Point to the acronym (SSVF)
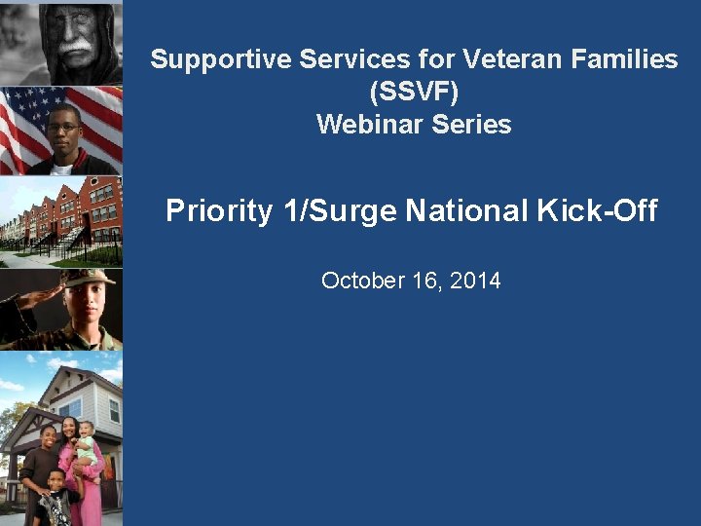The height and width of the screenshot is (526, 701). coord(414,93)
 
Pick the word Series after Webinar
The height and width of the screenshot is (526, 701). coord(466,125)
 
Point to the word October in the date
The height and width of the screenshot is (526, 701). coord(361,282)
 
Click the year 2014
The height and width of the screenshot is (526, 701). coord(474,282)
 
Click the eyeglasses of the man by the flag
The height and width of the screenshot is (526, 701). coord(62,127)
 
